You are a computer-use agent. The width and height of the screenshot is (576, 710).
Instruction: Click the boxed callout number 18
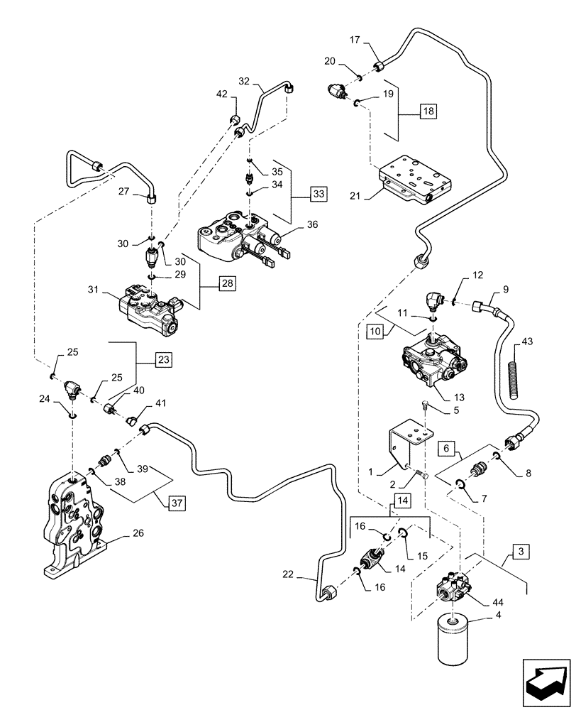click(428, 111)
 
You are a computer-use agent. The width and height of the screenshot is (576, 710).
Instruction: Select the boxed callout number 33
click(320, 193)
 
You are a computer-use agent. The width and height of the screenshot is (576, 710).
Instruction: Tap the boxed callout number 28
click(226, 283)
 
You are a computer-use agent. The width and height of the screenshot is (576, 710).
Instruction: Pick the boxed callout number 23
click(163, 360)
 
